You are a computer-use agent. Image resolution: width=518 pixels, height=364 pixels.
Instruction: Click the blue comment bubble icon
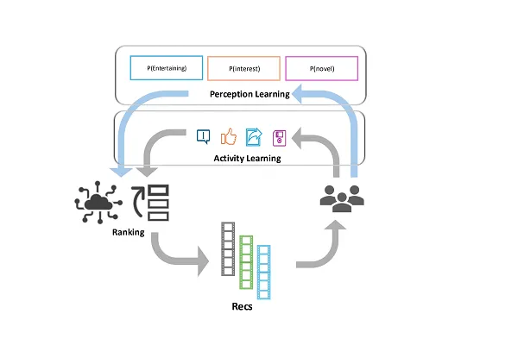click(x=204, y=136)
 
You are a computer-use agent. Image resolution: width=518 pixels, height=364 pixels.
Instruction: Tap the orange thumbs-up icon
click(x=229, y=136)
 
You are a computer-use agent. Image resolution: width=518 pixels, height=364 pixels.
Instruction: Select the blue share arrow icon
click(x=254, y=136)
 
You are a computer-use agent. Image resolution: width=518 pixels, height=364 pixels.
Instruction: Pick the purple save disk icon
click(x=279, y=136)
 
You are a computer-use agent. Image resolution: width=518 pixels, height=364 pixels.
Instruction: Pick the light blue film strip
click(x=263, y=271)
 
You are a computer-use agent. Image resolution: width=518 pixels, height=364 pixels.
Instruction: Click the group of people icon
click(x=342, y=197)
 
